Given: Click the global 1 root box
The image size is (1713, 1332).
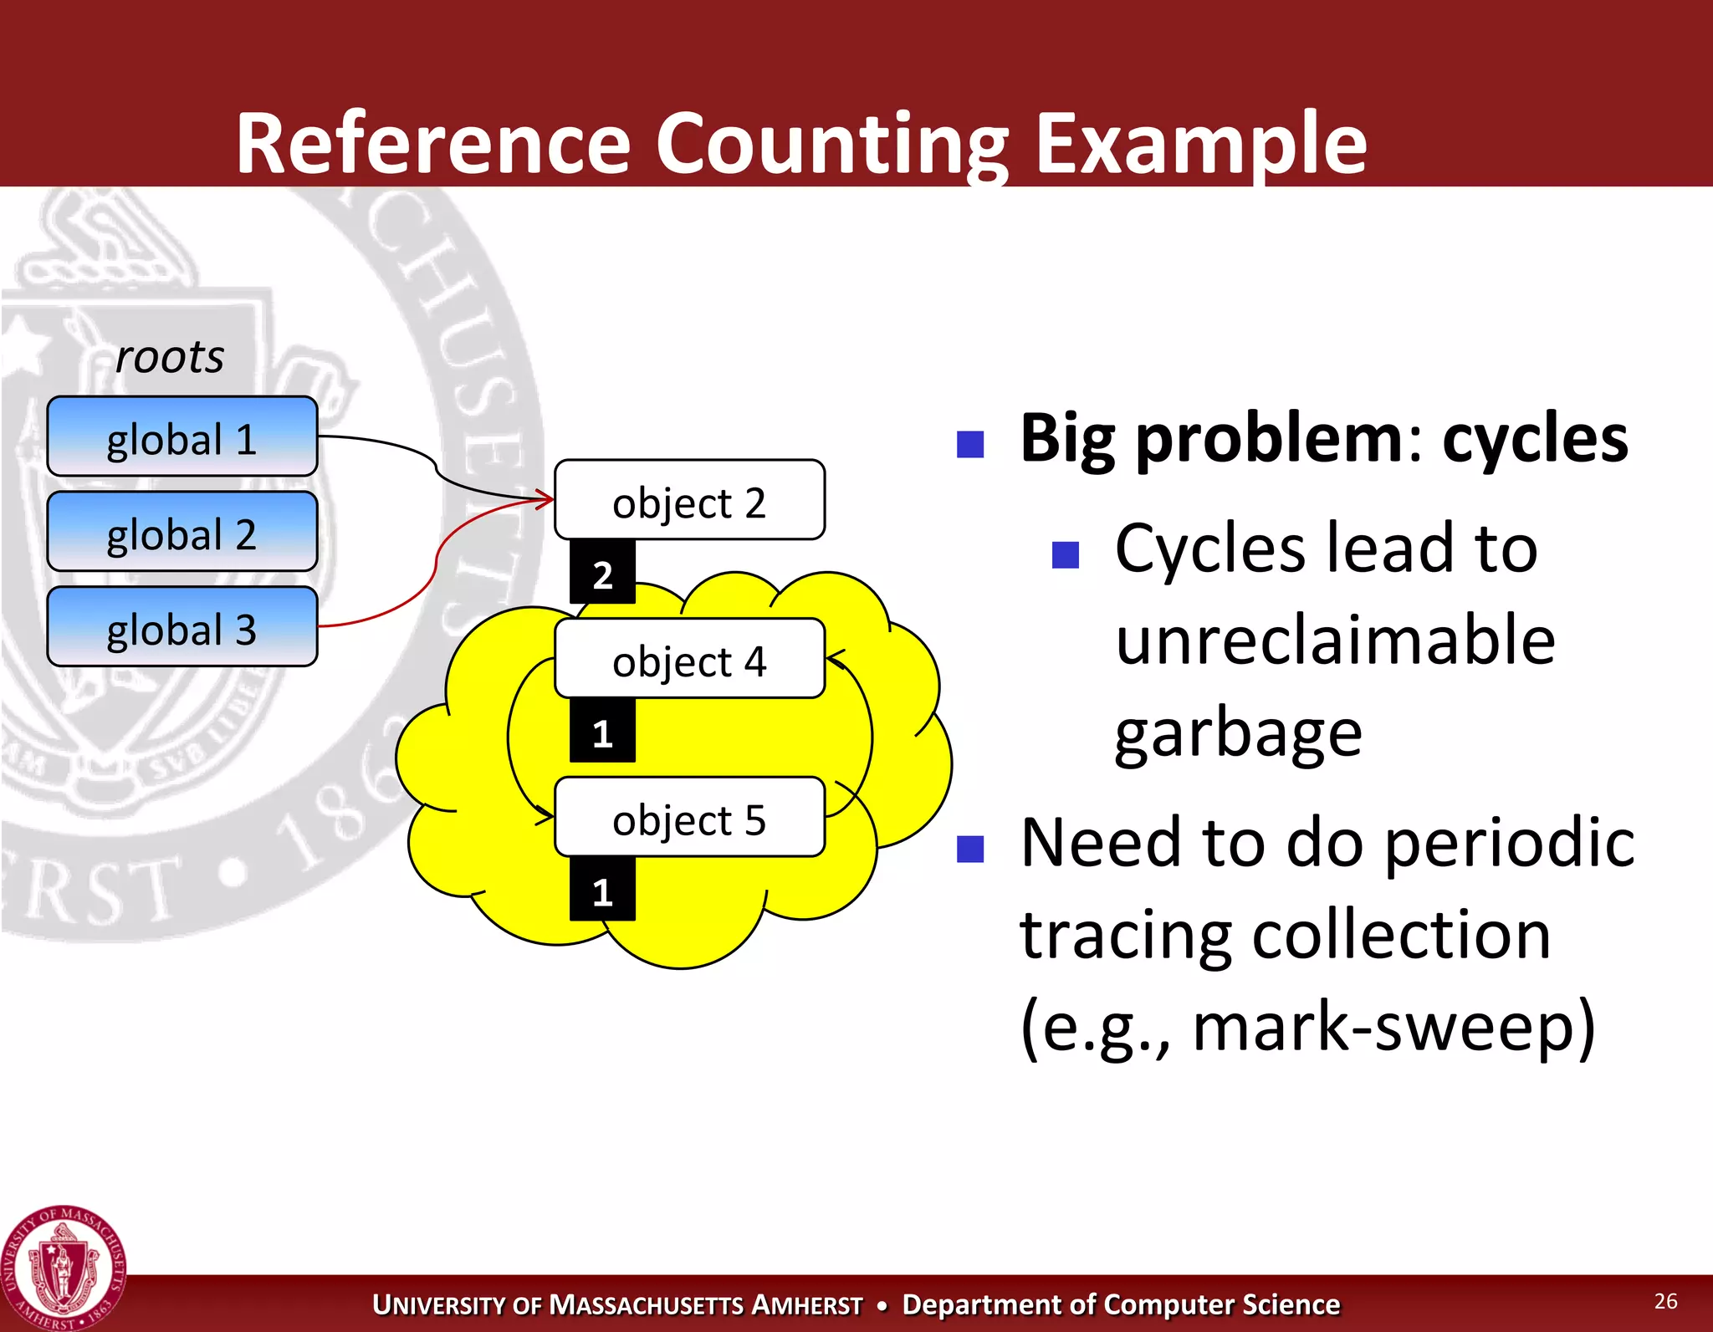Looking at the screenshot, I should pyautogui.click(x=182, y=436).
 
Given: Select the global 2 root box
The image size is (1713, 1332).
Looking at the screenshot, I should pyautogui.click(x=182, y=532).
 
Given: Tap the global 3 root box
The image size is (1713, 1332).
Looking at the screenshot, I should pyautogui.click(x=182, y=627).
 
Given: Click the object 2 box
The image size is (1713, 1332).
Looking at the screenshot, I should pyautogui.click(x=689, y=500).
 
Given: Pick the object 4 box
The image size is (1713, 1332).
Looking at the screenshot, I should pyautogui.click(x=689, y=659).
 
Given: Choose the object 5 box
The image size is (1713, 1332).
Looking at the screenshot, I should pyautogui.click(x=689, y=818).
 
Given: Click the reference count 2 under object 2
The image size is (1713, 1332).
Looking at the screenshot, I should pyautogui.click(x=602, y=574).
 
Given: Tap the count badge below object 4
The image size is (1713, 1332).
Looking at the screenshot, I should pyautogui.click(x=602, y=732).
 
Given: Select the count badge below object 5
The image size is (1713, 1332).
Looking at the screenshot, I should pyautogui.click(x=602, y=891).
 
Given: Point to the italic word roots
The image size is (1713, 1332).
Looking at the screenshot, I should pyautogui.click(x=170, y=357).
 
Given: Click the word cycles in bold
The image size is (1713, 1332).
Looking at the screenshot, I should pyautogui.click(x=1535, y=438).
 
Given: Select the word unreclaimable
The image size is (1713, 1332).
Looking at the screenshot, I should pyautogui.click(x=1335, y=640).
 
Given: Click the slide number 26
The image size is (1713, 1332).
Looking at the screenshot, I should pyautogui.click(x=1665, y=1300).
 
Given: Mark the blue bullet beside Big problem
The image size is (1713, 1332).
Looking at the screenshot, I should pyautogui.click(x=970, y=444).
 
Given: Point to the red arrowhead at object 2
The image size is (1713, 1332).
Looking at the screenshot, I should pyautogui.click(x=546, y=500).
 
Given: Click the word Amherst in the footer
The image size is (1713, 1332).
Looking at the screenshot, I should pyautogui.click(x=806, y=1304).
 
